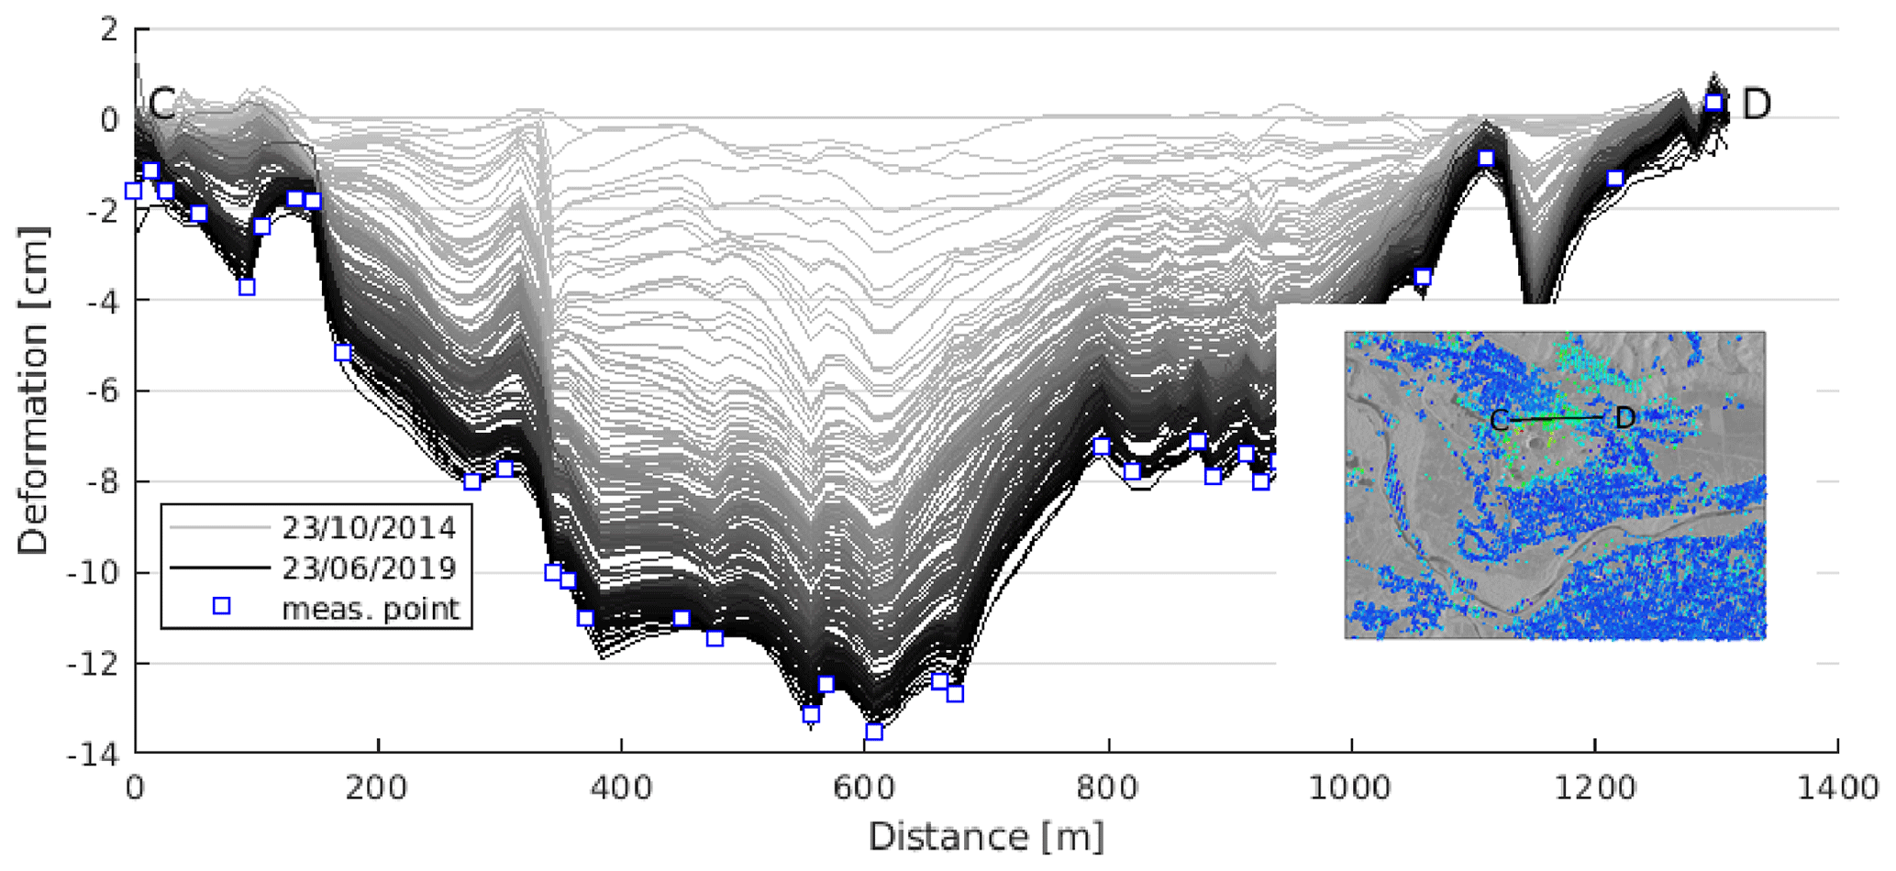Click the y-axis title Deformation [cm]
[x=33, y=391]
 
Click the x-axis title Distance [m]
[x=986, y=837]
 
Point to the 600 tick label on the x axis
[x=864, y=788]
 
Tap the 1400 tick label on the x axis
[x=1836, y=788]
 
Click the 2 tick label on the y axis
[x=110, y=29]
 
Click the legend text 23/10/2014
[x=369, y=528]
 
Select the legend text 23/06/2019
[x=369, y=568]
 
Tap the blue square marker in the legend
[x=221, y=606]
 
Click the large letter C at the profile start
[x=161, y=105]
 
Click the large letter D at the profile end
[x=1756, y=105]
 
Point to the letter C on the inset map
[x=1499, y=421]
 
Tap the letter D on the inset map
[x=1624, y=418]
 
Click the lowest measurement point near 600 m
[x=874, y=732]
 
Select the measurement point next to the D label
[x=1713, y=103]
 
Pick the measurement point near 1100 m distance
[x=1486, y=159]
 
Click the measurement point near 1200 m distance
[x=1615, y=179]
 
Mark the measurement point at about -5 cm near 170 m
[x=343, y=353]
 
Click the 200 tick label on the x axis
[x=377, y=788]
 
